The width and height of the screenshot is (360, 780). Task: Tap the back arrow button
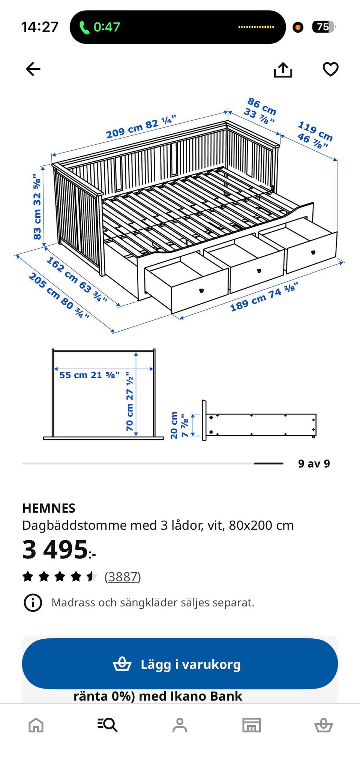(33, 69)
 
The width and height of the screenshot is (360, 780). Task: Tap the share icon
(283, 70)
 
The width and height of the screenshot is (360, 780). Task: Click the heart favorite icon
(330, 69)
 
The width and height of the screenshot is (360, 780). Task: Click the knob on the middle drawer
(259, 271)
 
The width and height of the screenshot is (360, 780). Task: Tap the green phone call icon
(84, 27)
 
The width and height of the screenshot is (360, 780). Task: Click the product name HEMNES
(49, 508)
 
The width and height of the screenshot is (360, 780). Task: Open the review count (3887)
(123, 577)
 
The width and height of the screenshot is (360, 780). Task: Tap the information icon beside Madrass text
(33, 603)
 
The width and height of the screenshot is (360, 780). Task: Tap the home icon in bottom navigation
(36, 725)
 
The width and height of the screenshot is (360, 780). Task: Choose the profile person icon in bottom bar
(180, 725)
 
